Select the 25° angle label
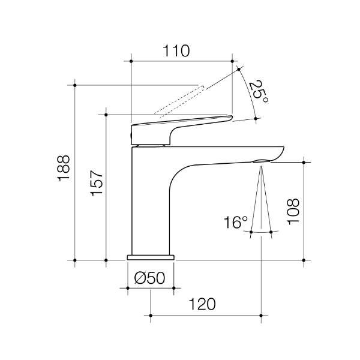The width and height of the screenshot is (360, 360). [x=257, y=91]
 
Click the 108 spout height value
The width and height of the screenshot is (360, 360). [x=293, y=211]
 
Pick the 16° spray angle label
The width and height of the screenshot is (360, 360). [x=236, y=223]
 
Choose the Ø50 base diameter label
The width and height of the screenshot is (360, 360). [x=150, y=278]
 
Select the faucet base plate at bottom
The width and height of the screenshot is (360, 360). [x=151, y=257]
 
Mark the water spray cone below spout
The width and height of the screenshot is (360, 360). [x=262, y=204]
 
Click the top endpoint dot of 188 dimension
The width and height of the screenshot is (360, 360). [x=75, y=85]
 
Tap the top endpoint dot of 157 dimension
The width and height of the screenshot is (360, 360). [x=106, y=113]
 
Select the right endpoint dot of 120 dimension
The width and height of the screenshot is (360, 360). [x=262, y=314]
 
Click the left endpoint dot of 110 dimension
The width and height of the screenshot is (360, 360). [x=130, y=61]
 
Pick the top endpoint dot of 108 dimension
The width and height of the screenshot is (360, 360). [x=304, y=161]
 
